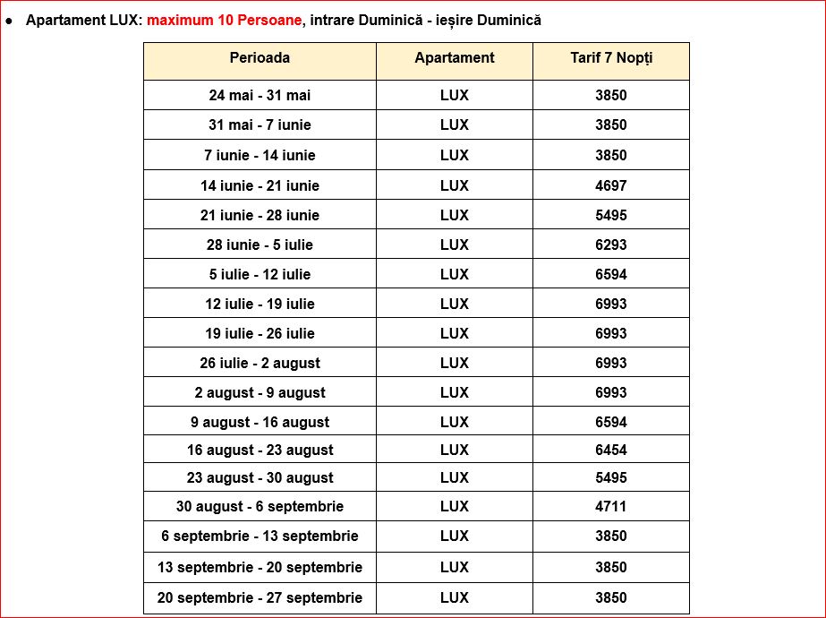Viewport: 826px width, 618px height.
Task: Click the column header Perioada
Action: coord(260,57)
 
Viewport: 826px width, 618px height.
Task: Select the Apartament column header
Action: coord(454,57)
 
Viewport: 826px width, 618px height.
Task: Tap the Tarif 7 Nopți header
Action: coord(611,57)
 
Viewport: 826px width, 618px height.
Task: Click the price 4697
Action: coord(611,185)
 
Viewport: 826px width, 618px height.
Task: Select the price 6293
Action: coord(611,245)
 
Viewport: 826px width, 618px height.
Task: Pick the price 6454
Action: coord(611,450)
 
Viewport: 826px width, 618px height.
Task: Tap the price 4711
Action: coord(611,506)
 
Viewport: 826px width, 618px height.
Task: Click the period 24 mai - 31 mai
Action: coord(260,95)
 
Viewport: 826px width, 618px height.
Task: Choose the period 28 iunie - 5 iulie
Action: coord(260,245)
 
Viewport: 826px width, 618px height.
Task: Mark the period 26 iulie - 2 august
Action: coord(260,363)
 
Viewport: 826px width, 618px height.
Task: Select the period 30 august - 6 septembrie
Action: coord(260,506)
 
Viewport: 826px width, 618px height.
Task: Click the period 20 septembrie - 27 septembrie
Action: coord(260,597)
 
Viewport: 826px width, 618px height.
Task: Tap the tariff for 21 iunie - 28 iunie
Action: coord(611,215)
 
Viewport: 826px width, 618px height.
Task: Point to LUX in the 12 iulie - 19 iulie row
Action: coord(454,304)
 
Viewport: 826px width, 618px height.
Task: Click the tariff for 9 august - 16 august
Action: coord(611,422)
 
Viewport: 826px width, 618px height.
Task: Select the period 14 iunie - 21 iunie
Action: coord(260,185)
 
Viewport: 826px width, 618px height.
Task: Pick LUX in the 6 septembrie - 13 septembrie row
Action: coord(454,536)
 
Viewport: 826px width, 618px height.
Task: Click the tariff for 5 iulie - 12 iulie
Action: coord(611,274)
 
